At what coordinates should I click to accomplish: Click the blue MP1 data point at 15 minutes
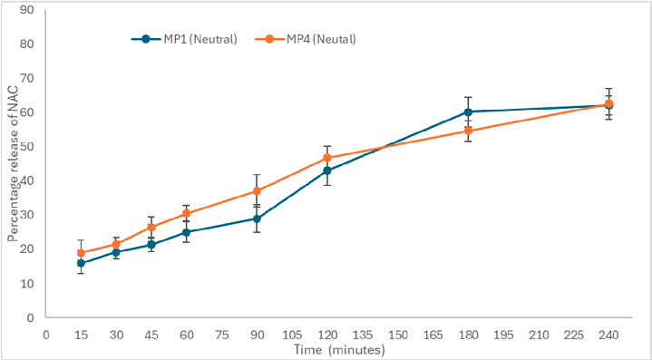pyautogui.click(x=81, y=263)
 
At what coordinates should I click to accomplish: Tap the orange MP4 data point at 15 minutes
pyautogui.click(x=81, y=253)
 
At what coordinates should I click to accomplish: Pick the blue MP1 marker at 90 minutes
pyautogui.click(x=257, y=219)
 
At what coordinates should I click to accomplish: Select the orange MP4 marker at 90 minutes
pyautogui.click(x=257, y=191)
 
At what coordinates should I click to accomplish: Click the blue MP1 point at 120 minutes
pyautogui.click(x=326, y=170)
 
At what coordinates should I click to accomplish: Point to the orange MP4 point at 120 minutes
pyautogui.click(x=326, y=158)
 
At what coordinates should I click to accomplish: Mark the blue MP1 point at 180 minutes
pyautogui.click(x=468, y=112)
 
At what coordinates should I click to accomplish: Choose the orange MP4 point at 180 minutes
pyautogui.click(x=468, y=131)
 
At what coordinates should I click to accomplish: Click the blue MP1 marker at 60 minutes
pyautogui.click(x=186, y=232)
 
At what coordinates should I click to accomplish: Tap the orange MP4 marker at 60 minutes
pyautogui.click(x=186, y=213)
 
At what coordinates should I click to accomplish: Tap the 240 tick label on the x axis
pyautogui.click(x=608, y=335)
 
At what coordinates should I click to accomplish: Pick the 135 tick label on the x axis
pyautogui.click(x=362, y=335)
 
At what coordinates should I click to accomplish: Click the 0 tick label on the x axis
pyautogui.click(x=45, y=335)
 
